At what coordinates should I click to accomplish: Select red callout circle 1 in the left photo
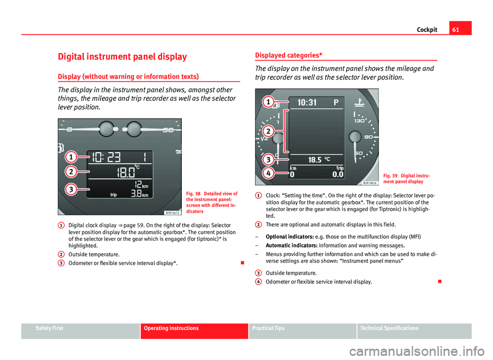71,156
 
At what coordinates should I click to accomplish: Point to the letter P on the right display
336,102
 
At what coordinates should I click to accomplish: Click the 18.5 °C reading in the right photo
316,160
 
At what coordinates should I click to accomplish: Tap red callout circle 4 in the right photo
268,174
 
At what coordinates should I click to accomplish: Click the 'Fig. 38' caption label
195,193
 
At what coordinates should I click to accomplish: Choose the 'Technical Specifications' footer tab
389,328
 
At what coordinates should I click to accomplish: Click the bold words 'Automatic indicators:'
289,245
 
